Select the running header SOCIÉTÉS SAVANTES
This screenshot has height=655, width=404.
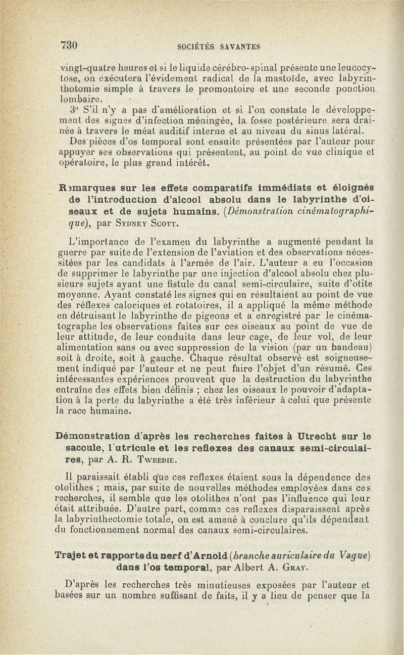coord(219,47)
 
